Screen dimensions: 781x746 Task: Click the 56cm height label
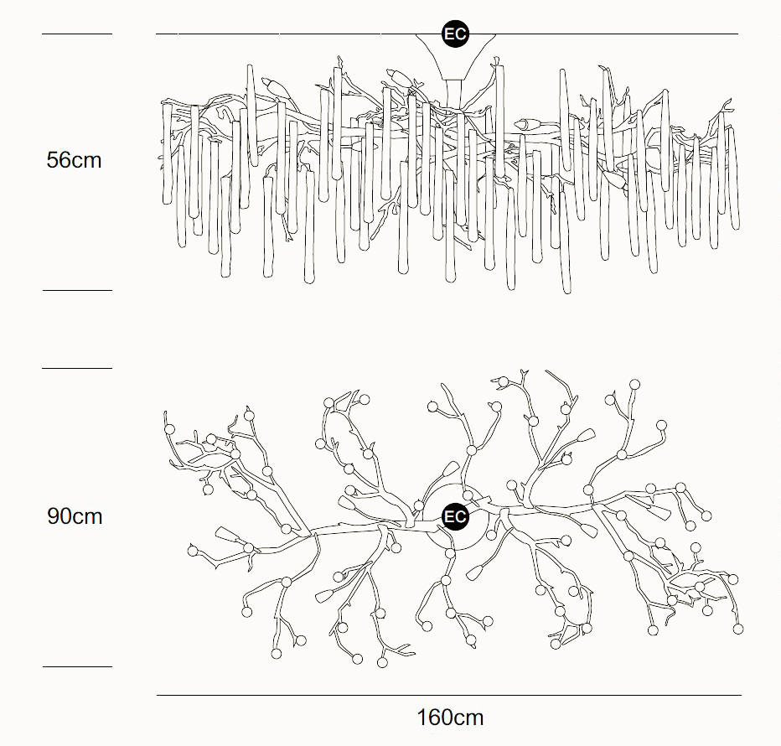coord(75,160)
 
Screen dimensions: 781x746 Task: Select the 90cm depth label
coord(75,516)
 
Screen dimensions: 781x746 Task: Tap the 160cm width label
coord(450,718)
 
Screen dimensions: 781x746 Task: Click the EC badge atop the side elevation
coord(455,34)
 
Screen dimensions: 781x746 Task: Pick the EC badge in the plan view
coord(455,516)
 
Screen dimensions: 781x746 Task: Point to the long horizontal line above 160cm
coord(449,695)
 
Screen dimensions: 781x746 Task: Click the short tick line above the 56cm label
coord(77,34)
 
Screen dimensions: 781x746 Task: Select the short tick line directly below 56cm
coord(77,290)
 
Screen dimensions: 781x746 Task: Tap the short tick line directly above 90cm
coord(77,368)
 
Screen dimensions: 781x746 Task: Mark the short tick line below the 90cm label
coord(77,666)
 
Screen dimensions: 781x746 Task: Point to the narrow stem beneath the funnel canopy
coord(454,91)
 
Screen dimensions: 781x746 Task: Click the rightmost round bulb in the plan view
coord(738,629)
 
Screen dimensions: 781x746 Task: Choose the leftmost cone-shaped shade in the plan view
coord(226,534)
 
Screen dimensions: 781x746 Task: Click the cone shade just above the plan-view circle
coord(451,469)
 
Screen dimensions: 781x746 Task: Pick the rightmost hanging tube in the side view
coord(733,178)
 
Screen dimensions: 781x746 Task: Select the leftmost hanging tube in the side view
coord(168,153)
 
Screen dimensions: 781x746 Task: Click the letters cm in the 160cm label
coord(468,718)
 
